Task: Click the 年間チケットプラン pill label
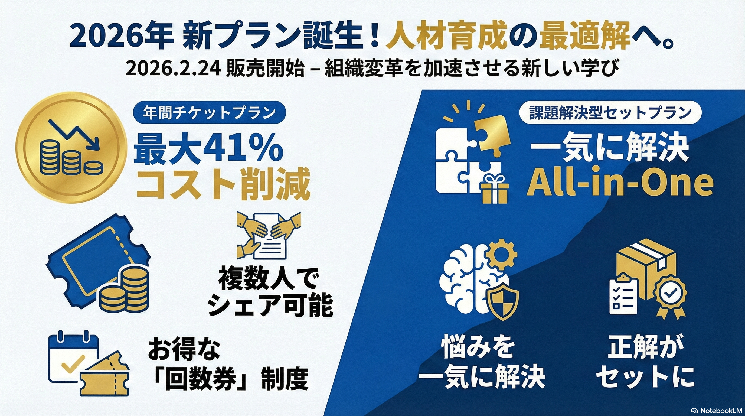209,113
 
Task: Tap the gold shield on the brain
504,302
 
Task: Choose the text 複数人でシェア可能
270,292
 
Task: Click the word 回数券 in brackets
204,379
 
